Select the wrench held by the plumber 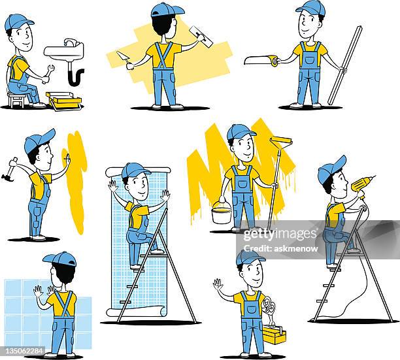click(x=46, y=74)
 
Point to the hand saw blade click(x=259, y=60)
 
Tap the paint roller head click(x=282, y=141)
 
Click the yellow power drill click(x=361, y=184)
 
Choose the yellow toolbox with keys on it click(x=274, y=335)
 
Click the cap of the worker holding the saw click(x=309, y=8)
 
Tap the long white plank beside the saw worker click(x=344, y=65)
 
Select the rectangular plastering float click(x=201, y=37)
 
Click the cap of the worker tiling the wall click(x=59, y=259)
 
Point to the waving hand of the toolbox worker click(x=218, y=285)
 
